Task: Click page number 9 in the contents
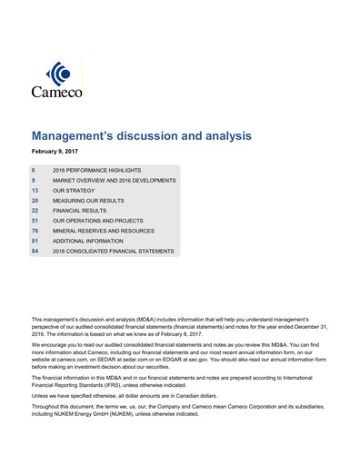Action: [34, 181]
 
